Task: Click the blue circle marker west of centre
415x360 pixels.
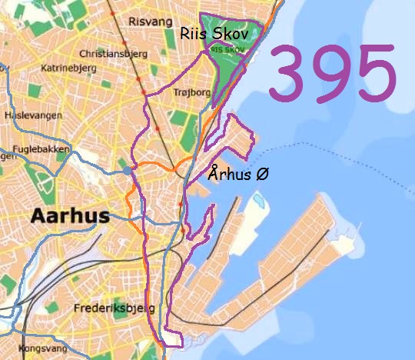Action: pos(127,170)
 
